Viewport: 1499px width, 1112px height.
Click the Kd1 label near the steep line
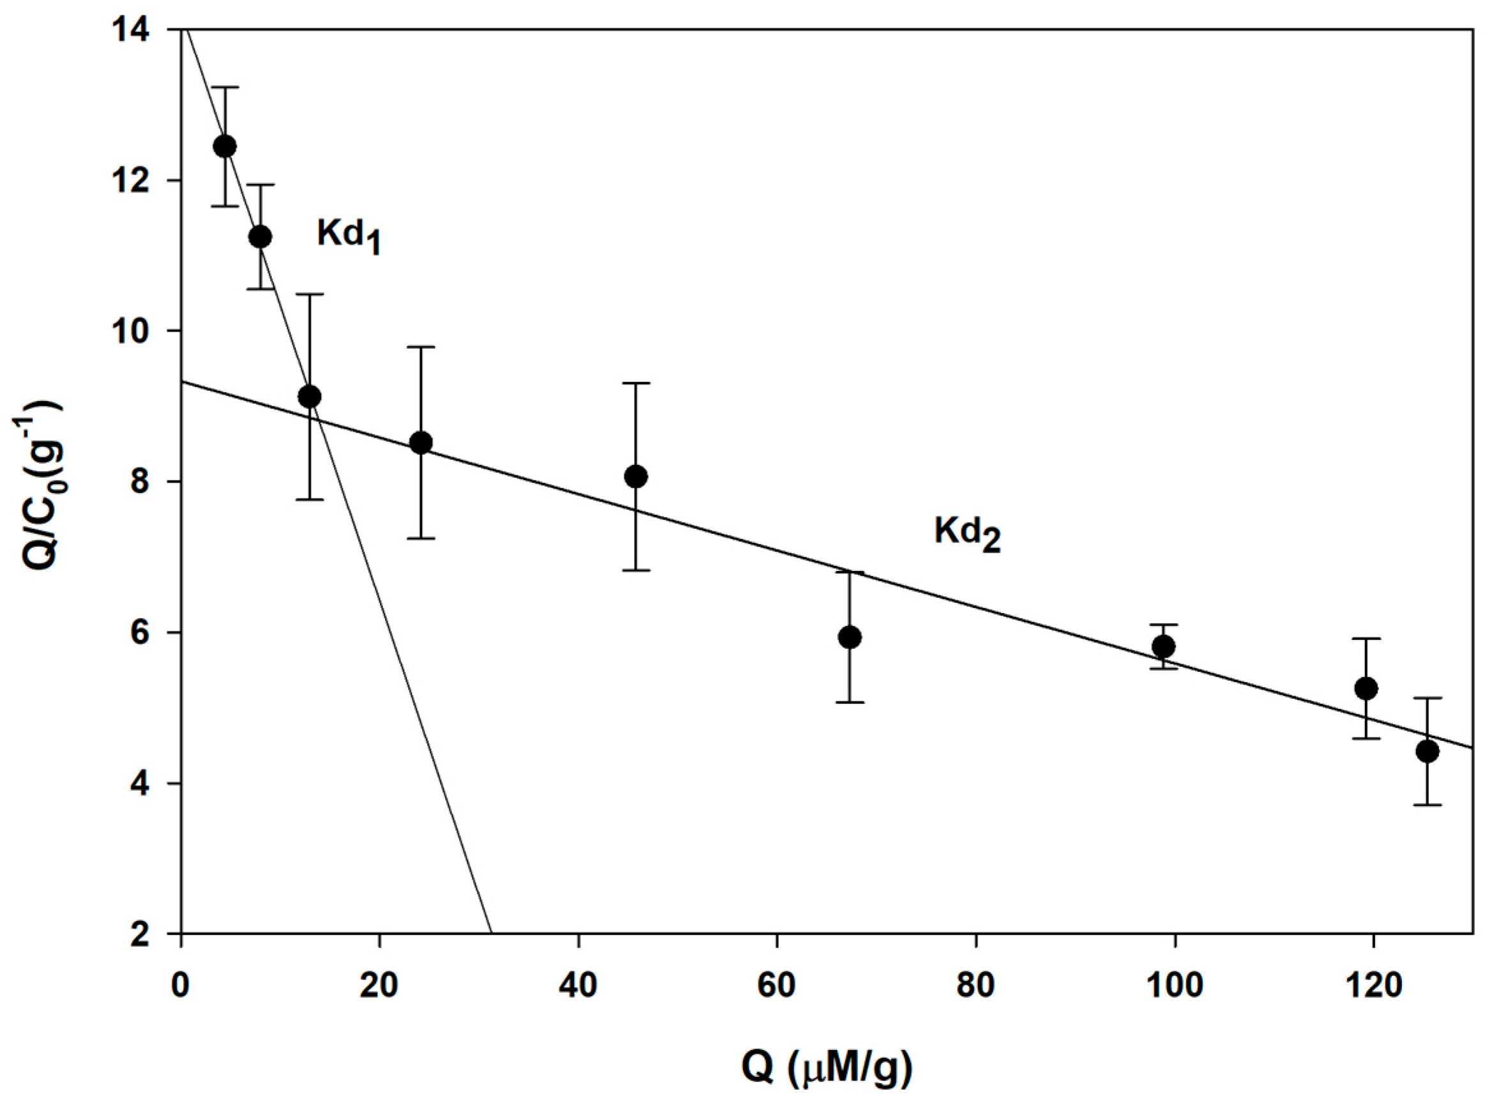pos(349,237)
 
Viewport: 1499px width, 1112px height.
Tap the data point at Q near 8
pos(260,236)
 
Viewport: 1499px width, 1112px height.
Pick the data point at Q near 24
pos(421,442)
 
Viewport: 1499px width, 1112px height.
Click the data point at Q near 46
pos(636,476)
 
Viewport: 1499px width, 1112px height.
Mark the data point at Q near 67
pos(850,637)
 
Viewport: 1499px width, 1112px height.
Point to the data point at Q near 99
pos(1163,646)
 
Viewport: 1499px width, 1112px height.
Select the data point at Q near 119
pos(1366,688)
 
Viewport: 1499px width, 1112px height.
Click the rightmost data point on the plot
pos(1427,751)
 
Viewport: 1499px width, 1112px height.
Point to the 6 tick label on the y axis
pos(156,633)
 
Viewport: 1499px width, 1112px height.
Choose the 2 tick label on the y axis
pos(156,934)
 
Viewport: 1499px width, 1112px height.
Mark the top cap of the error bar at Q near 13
pos(310,294)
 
